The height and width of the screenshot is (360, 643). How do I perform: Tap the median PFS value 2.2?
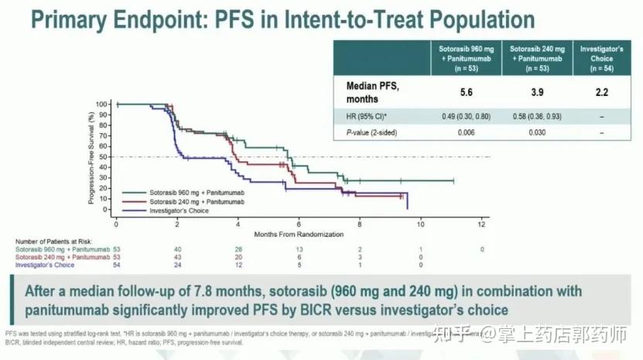coord(601,93)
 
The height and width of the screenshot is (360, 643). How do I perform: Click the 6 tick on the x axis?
coord(299,224)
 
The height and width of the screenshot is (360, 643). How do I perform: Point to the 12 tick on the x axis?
coord(481,224)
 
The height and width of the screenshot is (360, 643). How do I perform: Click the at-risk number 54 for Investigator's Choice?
coord(117,265)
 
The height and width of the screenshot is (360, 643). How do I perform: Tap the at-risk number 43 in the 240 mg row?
coord(177,257)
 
